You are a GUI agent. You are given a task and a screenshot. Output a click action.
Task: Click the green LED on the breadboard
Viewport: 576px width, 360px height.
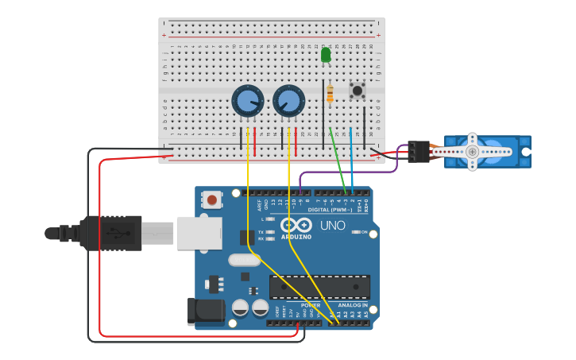(x=326, y=55)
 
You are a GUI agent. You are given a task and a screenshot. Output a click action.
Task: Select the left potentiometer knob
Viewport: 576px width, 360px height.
(x=248, y=102)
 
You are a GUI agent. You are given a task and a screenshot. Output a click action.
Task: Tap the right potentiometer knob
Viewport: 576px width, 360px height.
(x=288, y=102)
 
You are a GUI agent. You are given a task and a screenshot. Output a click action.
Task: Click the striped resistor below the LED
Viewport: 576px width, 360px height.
(x=330, y=94)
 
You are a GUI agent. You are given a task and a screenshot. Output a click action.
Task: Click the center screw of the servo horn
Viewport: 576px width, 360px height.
(x=472, y=151)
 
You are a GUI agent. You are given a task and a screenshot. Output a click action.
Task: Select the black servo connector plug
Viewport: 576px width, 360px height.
(x=418, y=151)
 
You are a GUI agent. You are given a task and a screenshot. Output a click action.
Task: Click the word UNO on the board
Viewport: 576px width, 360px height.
(x=332, y=226)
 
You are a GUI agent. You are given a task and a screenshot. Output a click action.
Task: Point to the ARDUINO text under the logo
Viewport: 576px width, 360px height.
(x=296, y=236)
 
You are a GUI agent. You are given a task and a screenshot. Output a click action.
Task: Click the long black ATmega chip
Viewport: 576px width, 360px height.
(x=319, y=287)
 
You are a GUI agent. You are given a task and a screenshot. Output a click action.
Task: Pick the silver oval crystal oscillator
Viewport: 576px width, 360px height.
(x=244, y=260)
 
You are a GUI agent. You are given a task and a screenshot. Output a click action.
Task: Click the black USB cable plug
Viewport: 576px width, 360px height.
(x=110, y=233)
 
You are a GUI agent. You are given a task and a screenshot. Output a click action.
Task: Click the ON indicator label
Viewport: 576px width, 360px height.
(x=364, y=233)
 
